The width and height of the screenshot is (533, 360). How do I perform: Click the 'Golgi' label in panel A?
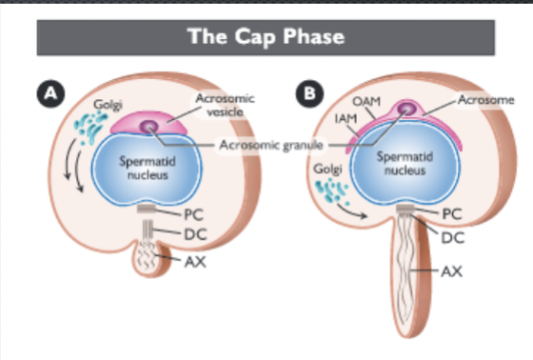pos(108,99)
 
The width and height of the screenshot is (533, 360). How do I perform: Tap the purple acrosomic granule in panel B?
pos(409,112)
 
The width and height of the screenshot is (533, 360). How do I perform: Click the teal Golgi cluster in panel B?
pos(331,193)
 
